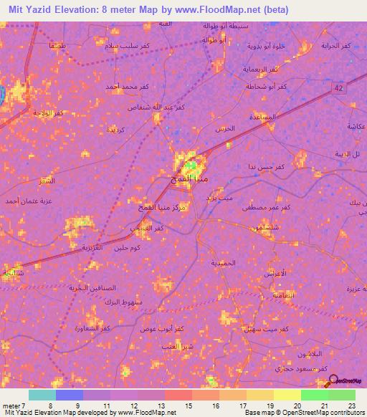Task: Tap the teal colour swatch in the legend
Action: coord(42,395)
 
